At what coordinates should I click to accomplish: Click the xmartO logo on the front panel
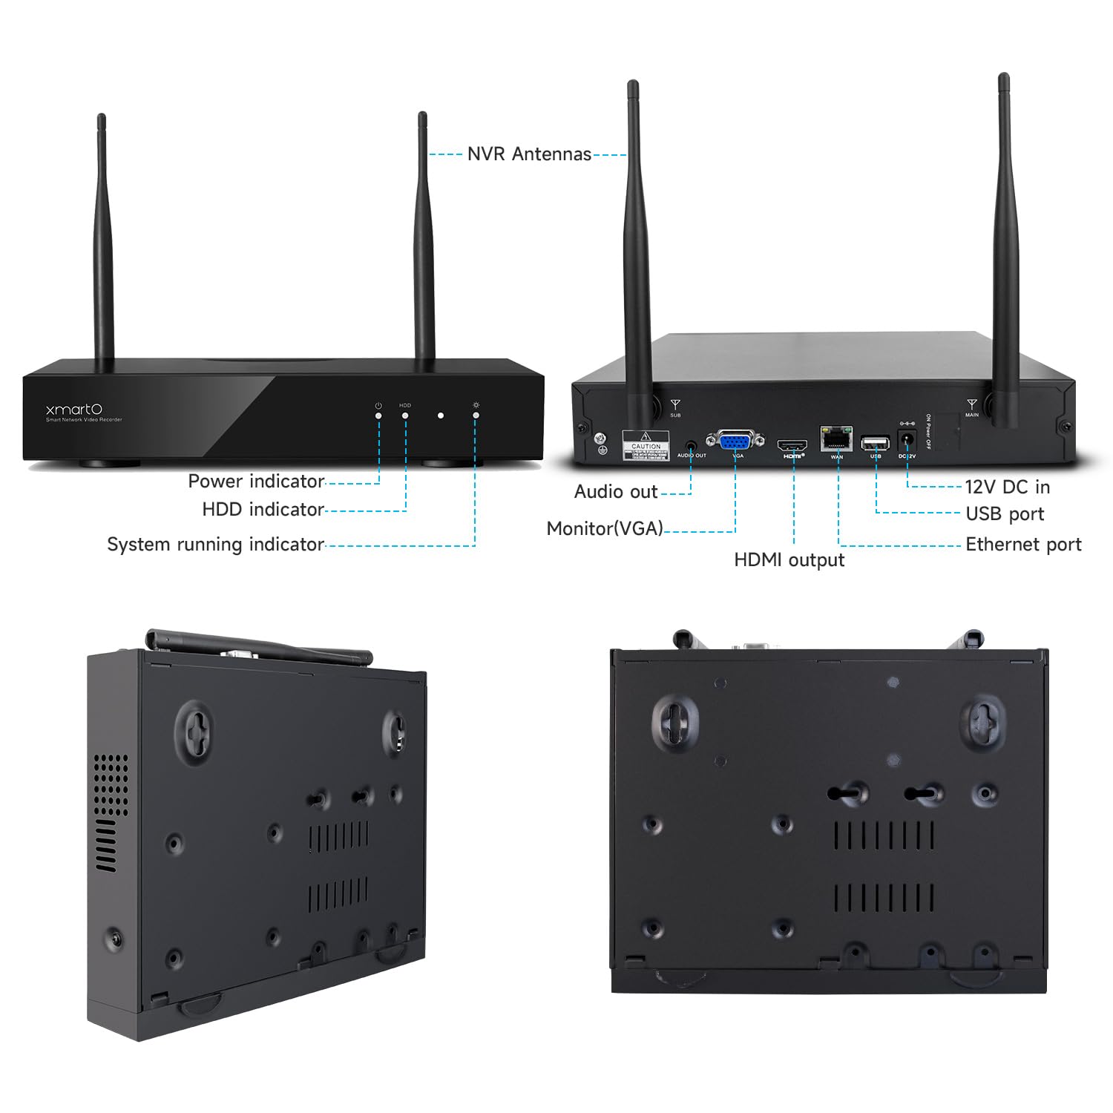click(x=74, y=410)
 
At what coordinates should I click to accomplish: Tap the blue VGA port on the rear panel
click(x=735, y=441)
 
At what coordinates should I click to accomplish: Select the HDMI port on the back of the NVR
click(x=792, y=445)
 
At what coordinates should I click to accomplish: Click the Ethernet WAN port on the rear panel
click(x=836, y=439)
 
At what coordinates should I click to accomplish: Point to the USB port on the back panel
click(x=875, y=444)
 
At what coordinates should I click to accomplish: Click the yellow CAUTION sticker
click(x=646, y=445)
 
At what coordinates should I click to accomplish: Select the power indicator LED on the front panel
click(x=378, y=416)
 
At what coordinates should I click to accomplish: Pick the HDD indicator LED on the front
click(x=405, y=416)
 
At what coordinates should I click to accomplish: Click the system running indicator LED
click(x=476, y=416)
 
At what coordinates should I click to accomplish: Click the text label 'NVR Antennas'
click(x=529, y=154)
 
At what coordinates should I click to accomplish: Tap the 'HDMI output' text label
click(x=789, y=560)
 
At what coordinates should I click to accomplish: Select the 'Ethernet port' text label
click(x=1023, y=545)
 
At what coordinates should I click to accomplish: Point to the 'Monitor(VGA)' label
click(x=605, y=528)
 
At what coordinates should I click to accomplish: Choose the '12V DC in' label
click(x=1007, y=487)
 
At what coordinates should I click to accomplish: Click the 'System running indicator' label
click(x=215, y=545)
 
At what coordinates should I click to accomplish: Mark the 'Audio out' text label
click(x=616, y=492)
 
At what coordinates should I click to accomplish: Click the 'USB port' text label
click(x=1005, y=514)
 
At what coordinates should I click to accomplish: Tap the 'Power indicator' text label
click(x=256, y=482)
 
